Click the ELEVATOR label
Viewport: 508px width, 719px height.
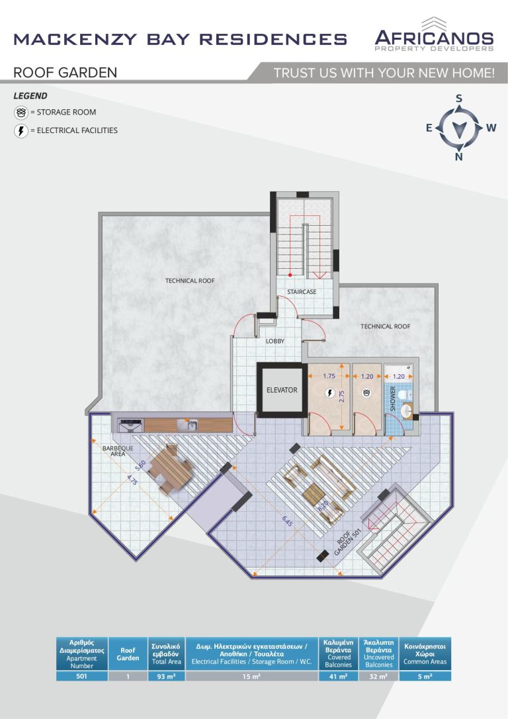pyautogui.click(x=282, y=390)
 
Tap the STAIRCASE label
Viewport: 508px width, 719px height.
pyautogui.click(x=302, y=291)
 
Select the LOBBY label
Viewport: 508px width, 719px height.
pyautogui.click(x=275, y=341)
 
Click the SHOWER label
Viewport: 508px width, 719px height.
pyautogui.click(x=392, y=398)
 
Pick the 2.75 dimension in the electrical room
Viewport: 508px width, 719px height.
pyautogui.click(x=341, y=397)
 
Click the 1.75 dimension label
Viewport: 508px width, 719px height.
pyautogui.click(x=329, y=376)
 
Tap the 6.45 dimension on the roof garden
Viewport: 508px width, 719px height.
pyautogui.click(x=287, y=521)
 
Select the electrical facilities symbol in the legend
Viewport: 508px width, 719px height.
pyautogui.click(x=21, y=130)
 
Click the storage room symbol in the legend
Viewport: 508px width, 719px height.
pyautogui.click(x=21, y=113)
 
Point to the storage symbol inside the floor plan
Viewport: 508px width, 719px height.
pyautogui.click(x=366, y=393)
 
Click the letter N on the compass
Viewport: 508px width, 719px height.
pyautogui.click(x=458, y=157)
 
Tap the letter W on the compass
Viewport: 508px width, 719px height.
pyautogui.click(x=491, y=128)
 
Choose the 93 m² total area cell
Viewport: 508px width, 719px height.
pyautogui.click(x=166, y=677)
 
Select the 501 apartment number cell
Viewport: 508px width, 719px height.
pyautogui.click(x=81, y=677)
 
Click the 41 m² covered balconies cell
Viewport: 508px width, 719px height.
pyautogui.click(x=338, y=677)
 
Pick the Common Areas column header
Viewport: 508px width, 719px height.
pyautogui.click(x=425, y=654)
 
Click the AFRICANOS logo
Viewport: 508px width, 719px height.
pyautogui.click(x=435, y=35)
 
